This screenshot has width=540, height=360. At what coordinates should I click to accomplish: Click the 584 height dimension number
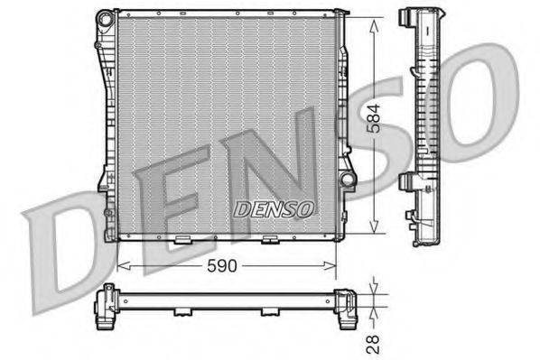374,118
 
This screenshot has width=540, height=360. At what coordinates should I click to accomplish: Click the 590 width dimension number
222,265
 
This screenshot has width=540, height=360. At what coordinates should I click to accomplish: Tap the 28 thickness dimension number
373,344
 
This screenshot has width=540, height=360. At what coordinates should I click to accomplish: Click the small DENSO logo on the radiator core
274,209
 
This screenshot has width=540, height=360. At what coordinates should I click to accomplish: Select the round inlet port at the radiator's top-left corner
106,18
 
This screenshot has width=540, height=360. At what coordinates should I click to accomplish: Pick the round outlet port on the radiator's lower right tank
347,179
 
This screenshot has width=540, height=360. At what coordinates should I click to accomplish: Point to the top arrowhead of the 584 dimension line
374,26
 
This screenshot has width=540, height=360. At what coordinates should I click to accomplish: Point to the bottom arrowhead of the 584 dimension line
374,225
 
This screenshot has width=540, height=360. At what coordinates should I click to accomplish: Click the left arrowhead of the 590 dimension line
124,265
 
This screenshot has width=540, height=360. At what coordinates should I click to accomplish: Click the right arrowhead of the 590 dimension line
330,265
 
